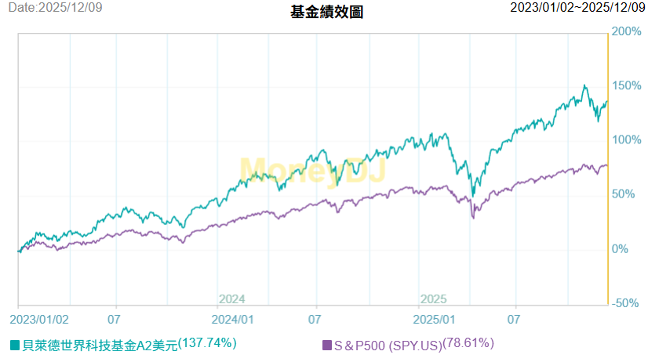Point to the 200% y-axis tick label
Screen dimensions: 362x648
(x=626, y=31)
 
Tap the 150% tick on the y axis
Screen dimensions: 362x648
(x=626, y=85)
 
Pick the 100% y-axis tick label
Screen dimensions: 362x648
(x=626, y=140)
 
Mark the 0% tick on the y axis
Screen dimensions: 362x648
(x=621, y=249)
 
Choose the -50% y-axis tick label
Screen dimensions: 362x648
(x=625, y=303)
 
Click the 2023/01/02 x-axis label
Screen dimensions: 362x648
(x=39, y=320)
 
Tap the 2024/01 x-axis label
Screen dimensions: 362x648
(x=234, y=320)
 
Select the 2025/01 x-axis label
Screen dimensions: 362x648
(x=435, y=320)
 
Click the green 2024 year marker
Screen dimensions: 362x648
(x=232, y=299)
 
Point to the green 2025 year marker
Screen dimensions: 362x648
(x=433, y=299)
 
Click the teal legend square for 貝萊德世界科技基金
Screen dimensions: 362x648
(x=15, y=345)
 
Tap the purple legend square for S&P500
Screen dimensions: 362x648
(x=326, y=345)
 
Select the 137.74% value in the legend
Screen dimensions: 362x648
(x=207, y=342)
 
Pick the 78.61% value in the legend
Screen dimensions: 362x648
(x=468, y=342)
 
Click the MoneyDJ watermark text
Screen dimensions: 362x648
(x=311, y=171)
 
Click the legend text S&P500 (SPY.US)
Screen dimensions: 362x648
(x=388, y=345)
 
